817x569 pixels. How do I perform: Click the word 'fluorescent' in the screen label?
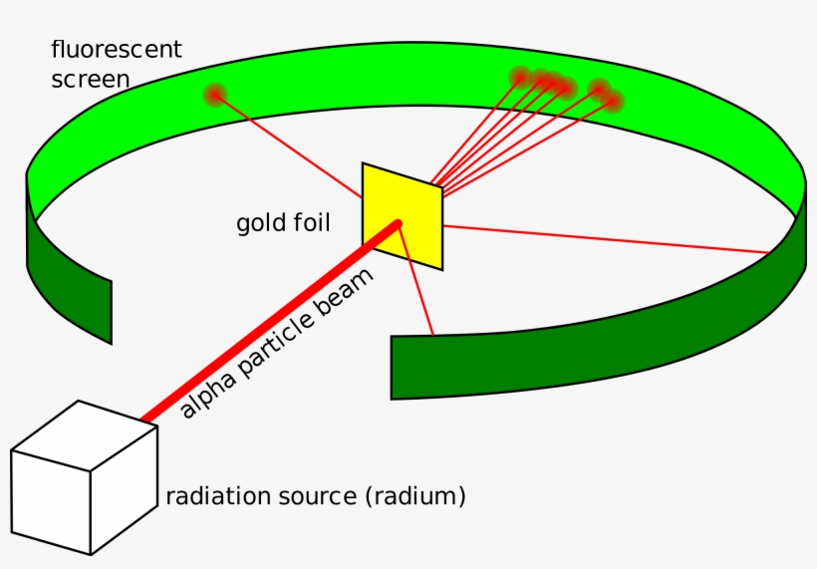coord(117,49)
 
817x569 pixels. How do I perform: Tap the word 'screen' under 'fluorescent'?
coord(91,79)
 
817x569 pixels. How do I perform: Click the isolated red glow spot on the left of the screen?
coord(214,95)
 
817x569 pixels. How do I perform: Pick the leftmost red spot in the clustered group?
coord(520,77)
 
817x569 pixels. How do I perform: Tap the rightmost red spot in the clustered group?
coord(614,100)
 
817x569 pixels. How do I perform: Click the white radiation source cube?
coord(85,478)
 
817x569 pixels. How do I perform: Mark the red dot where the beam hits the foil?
coord(399,224)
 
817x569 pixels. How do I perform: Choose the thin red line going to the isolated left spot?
coord(289,145)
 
